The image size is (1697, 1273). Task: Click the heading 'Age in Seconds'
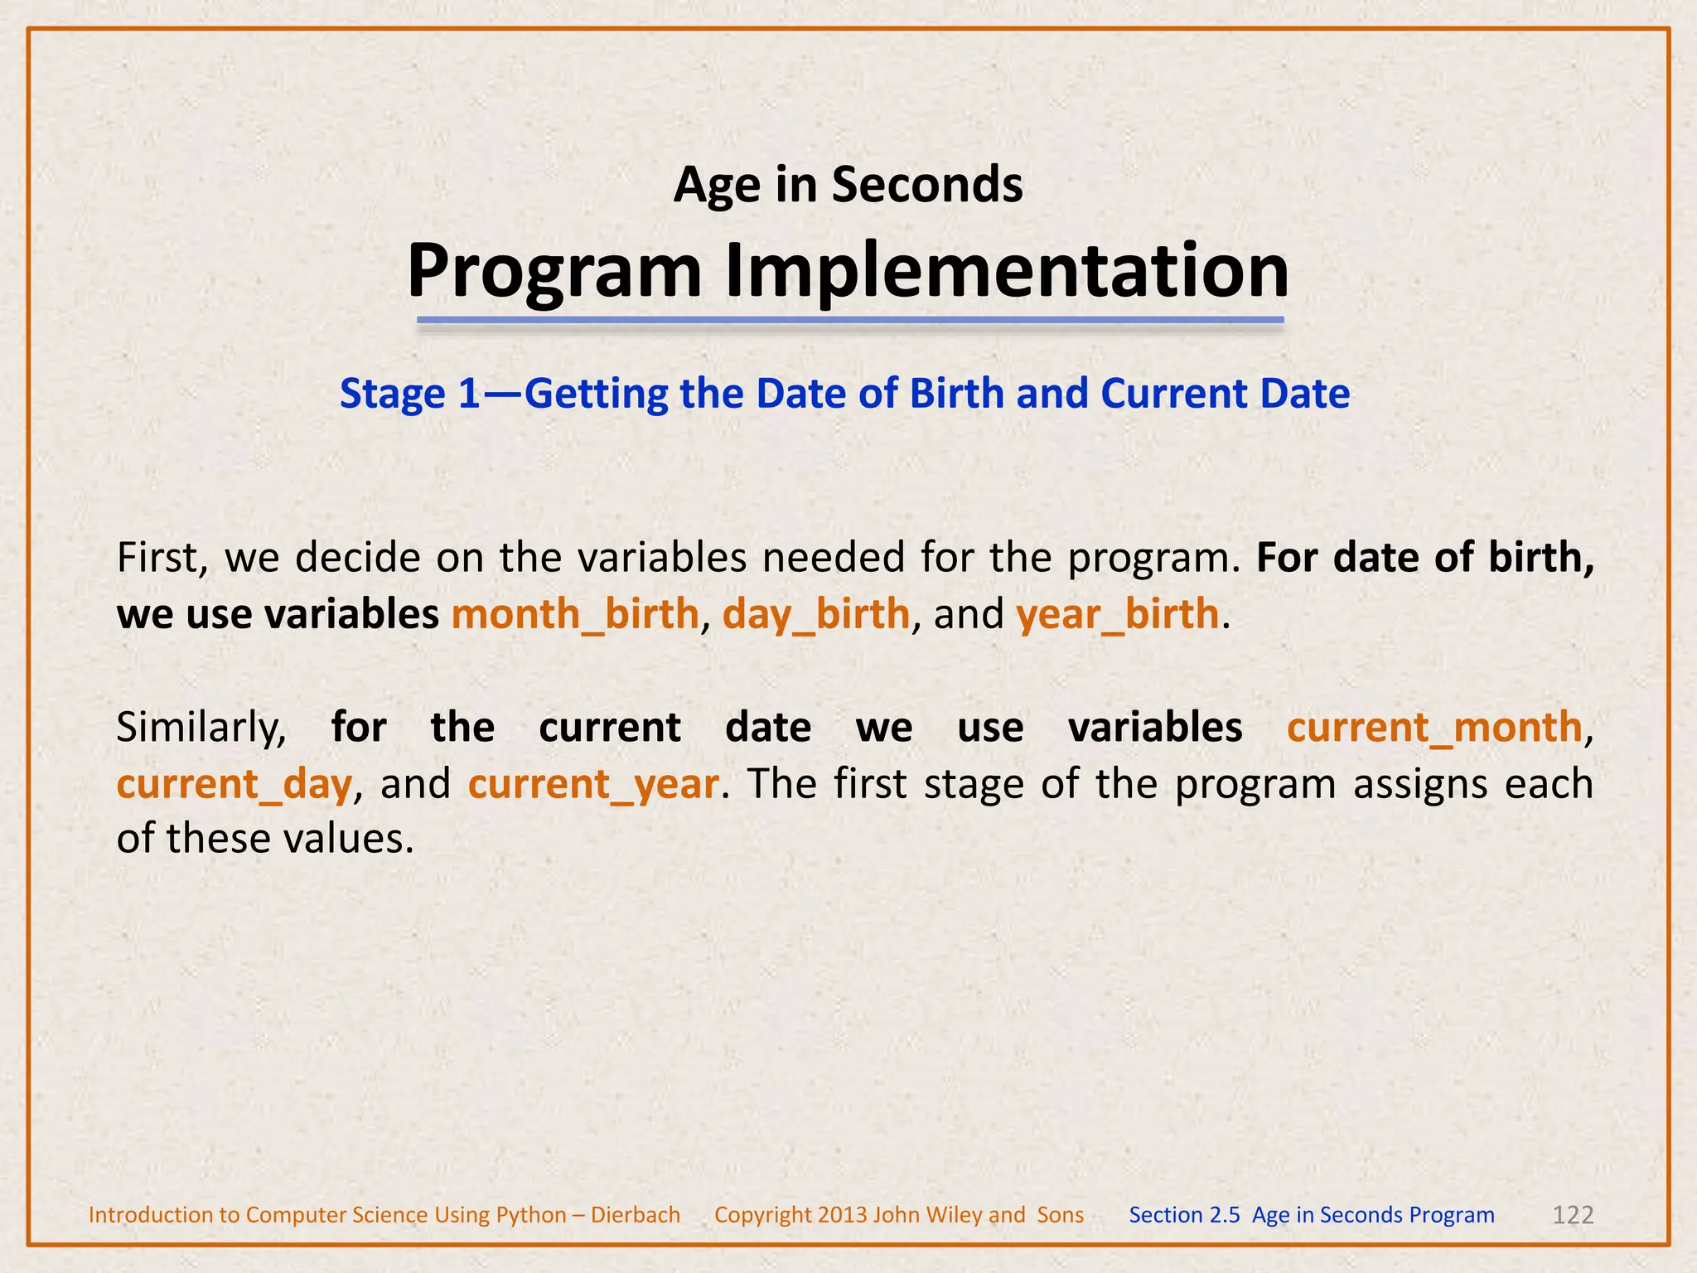(x=848, y=184)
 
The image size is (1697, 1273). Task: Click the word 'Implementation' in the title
(x=1007, y=271)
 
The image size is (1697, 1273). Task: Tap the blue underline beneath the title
(x=849, y=320)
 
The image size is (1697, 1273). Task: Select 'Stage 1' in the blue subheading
(x=410, y=394)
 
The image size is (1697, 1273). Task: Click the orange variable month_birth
(x=575, y=615)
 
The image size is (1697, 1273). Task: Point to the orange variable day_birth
(x=816, y=615)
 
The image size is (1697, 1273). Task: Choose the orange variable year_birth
(x=1117, y=615)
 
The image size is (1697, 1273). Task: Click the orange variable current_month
(x=1434, y=728)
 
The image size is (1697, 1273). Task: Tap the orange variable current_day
(x=234, y=784)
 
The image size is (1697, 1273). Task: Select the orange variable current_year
(x=593, y=784)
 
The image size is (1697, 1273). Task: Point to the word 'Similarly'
(x=199, y=728)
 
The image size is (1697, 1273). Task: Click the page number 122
(x=1572, y=1215)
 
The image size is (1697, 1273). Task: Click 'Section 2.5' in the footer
(x=1184, y=1215)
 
